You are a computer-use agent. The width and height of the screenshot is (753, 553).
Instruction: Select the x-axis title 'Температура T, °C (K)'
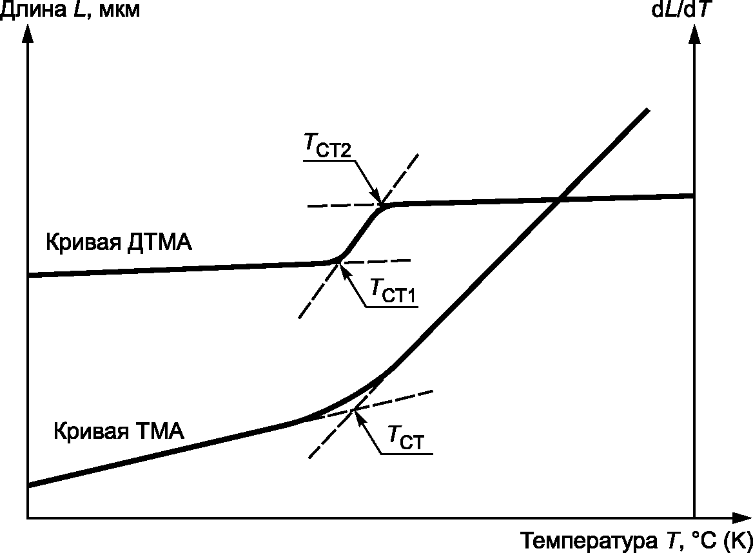point(636,539)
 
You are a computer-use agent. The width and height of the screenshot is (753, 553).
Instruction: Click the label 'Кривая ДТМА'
point(119,244)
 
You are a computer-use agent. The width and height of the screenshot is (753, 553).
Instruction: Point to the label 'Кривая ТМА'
point(119,430)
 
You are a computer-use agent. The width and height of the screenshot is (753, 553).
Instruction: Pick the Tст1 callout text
point(392,292)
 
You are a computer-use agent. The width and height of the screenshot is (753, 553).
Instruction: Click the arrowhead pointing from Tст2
point(377,195)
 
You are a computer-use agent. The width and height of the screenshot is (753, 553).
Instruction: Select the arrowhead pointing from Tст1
point(344,269)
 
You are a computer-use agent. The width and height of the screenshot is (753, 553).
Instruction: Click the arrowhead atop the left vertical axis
point(27,34)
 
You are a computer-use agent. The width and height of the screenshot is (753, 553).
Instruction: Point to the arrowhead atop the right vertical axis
point(694,34)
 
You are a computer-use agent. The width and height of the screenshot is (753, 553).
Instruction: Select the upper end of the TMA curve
point(647,111)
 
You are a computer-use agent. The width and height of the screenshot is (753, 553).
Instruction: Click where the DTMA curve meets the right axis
point(694,195)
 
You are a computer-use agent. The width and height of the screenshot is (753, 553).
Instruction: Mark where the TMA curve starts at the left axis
point(29,484)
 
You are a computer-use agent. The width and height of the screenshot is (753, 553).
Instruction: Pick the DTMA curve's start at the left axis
point(29,275)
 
